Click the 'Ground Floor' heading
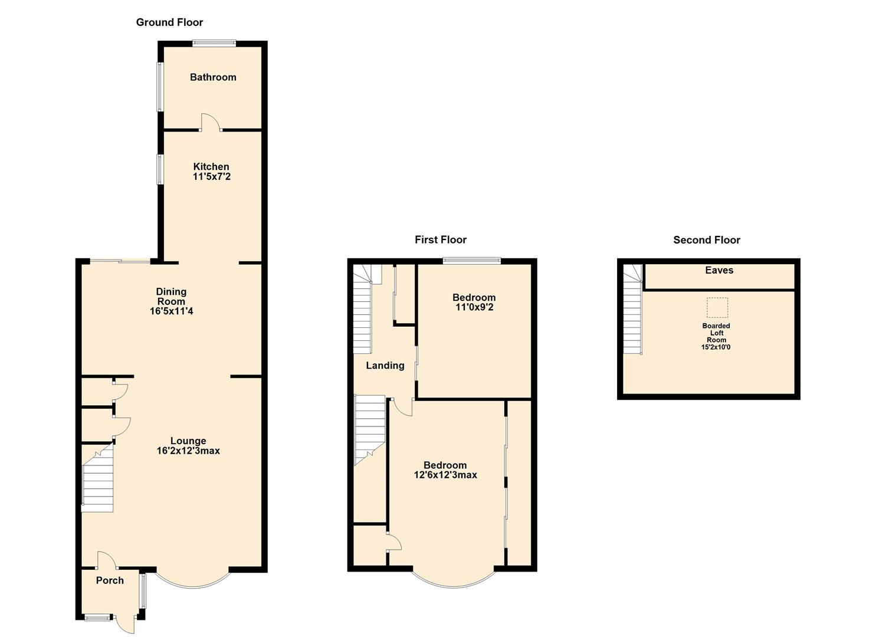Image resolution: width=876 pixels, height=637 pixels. click(x=169, y=22)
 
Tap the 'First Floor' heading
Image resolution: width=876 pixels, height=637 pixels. click(x=440, y=239)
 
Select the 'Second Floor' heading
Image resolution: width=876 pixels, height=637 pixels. click(x=706, y=239)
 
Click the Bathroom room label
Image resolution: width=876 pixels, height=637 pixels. click(x=213, y=77)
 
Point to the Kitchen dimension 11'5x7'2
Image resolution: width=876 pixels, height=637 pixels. click(x=211, y=176)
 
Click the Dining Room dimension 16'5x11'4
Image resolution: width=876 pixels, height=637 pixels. click(x=171, y=311)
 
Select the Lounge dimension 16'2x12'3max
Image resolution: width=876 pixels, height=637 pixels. click(x=188, y=451)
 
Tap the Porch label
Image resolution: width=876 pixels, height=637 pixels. click(x=110, y=580)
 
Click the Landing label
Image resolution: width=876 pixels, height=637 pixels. click(x=385, y=366)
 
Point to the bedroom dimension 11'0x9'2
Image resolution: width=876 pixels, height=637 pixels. click(x=474, y=307)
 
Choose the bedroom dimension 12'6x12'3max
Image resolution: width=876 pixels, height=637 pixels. click(x=445, y=475)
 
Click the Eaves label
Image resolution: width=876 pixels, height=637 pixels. click(x=719, y=270)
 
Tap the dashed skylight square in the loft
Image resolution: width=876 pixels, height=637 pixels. click(x=717, y=307)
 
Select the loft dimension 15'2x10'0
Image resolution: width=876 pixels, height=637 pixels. click(x=716, y=347)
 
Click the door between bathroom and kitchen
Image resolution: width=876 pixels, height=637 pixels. click(x=211, y=122)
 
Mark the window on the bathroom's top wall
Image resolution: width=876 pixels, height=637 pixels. click(x=214, y=42)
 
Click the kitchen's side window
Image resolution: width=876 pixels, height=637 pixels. click(x=159, y=169)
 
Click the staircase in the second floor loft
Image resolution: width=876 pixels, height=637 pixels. click(x=632, y=316)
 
